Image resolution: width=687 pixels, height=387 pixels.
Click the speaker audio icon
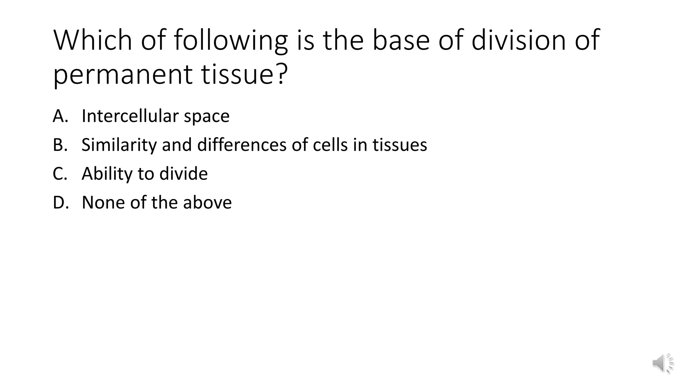pos(663,363)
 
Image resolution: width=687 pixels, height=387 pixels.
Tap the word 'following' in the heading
pos(231,41)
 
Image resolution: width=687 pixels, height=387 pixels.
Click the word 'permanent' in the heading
pos(123,75)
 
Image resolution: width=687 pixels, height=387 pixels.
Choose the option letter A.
pos(60,116)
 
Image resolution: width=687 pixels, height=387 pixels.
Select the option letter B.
pos(60,145)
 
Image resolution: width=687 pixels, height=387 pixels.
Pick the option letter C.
pos(60,174)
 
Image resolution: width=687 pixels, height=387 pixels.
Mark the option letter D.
pos(61,203)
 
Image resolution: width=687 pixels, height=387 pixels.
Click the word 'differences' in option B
pos(242,145)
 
